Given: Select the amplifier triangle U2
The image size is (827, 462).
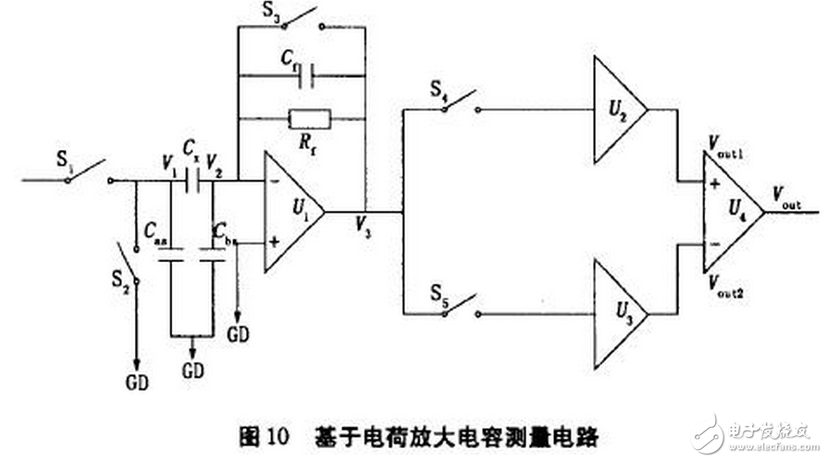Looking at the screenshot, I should pyautogui.click(x=615, y=109).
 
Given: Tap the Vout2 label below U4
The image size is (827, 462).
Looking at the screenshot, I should pyautogui.click(x=723, y=281).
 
